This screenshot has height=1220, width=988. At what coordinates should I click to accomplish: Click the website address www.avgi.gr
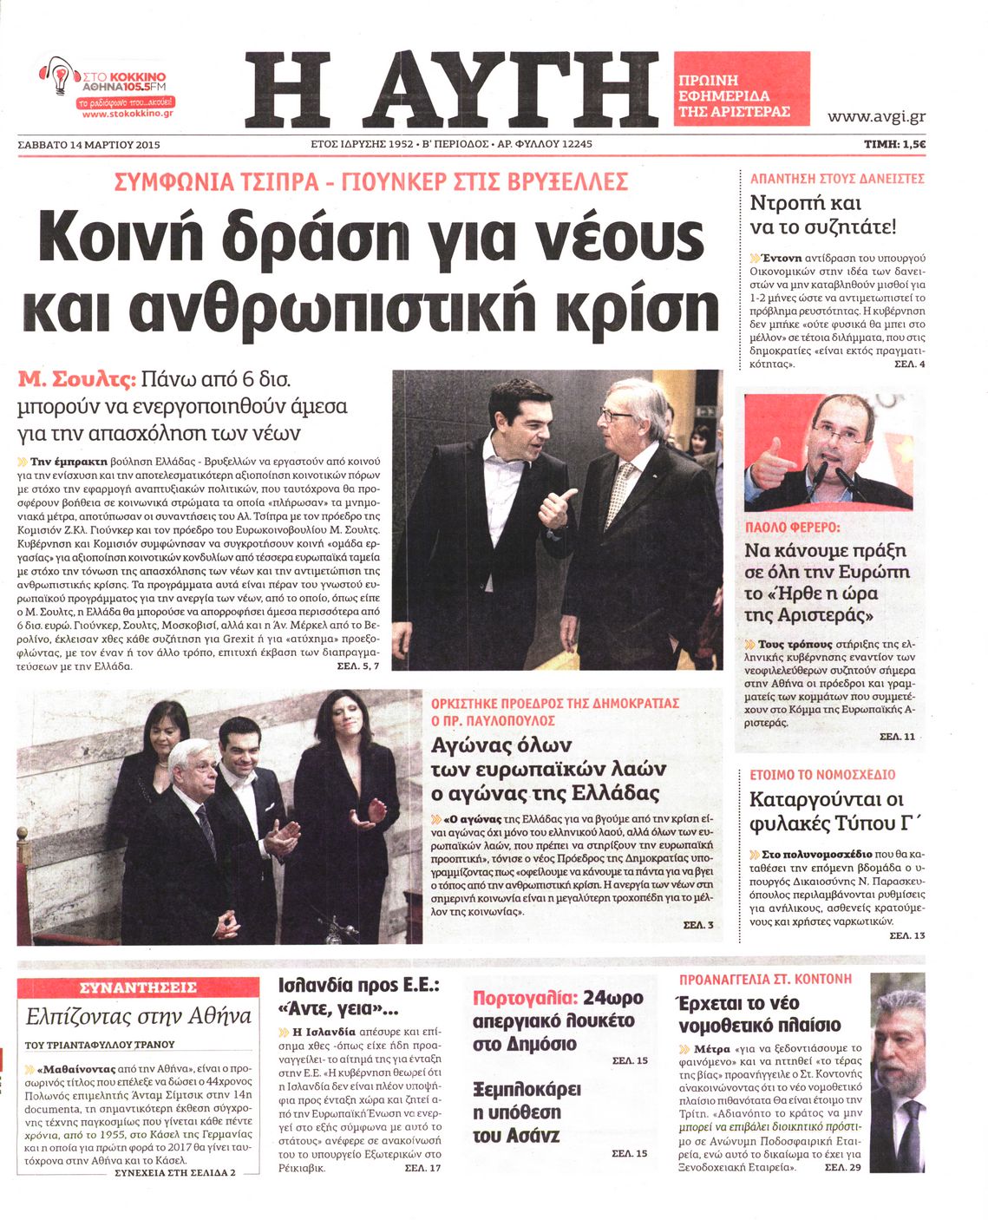tap(876, 116)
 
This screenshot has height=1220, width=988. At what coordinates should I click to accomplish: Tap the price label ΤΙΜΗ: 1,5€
tap(894, 144)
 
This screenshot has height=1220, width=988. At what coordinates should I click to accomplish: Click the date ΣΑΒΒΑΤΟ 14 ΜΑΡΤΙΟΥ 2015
tap(89, 144)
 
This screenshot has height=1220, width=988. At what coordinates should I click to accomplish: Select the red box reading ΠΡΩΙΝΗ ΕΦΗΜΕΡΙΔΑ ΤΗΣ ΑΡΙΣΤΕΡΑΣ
tap(741, 89)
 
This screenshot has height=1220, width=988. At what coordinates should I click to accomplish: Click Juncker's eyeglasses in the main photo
tap(618, 415)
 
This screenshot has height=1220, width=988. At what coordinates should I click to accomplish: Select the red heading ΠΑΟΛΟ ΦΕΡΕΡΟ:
tap(792, 527)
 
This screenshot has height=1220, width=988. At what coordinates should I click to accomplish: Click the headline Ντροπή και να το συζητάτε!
tap(822, 215)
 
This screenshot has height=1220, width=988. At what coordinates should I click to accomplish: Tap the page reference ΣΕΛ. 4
tap(909, 364)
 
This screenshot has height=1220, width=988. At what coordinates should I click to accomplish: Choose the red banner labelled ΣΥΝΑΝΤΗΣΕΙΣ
tap(138, 987)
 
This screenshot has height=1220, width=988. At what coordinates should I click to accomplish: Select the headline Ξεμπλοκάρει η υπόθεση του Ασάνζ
tap(527, 1112)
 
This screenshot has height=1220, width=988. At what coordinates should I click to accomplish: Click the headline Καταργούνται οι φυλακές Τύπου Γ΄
tap(828, 810)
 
